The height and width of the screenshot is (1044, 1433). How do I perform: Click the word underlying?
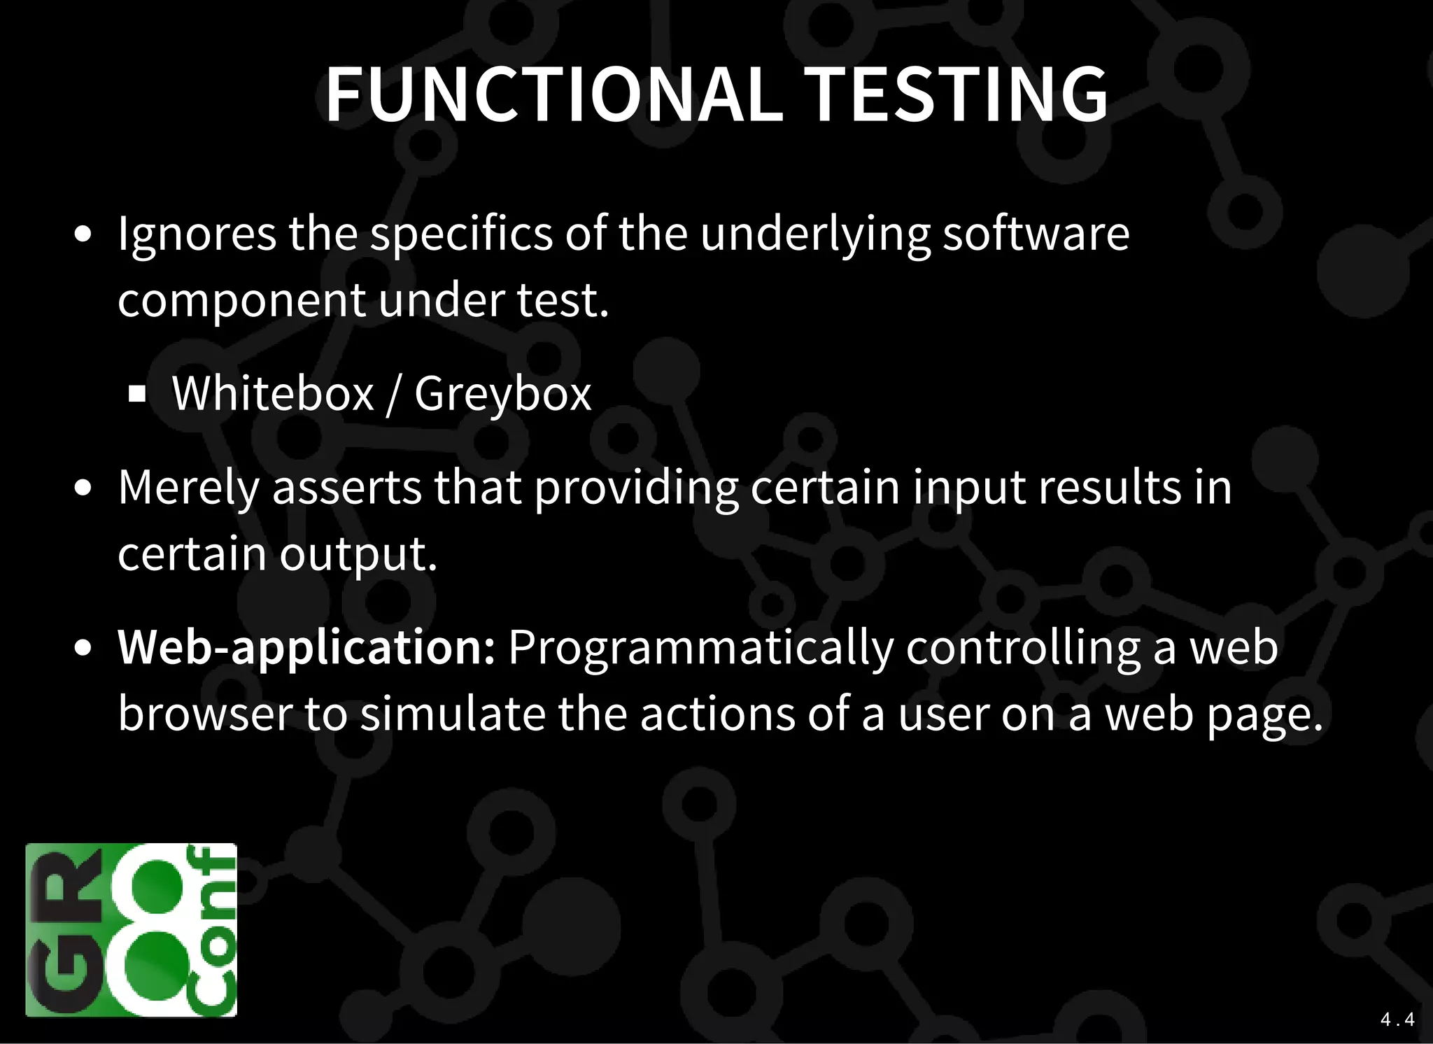click(x=816, y=234)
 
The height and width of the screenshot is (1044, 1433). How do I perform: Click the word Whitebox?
click(x=273, y=393)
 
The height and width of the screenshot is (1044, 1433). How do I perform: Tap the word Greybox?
click(x=502, y=395)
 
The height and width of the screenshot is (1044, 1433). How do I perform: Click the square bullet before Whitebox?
click(x=137, y=394)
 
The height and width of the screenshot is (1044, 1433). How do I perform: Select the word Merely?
click(x=189, y=488)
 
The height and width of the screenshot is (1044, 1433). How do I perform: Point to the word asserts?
click(x=347, y=488)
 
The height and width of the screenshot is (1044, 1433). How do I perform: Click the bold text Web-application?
click(x=306, y=648)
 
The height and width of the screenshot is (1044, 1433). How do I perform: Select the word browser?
click(x=205, y=714)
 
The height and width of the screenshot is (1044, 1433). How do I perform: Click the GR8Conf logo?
click(x=132, y=929)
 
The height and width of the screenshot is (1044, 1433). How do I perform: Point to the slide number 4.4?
click(x=1397, y=1020)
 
